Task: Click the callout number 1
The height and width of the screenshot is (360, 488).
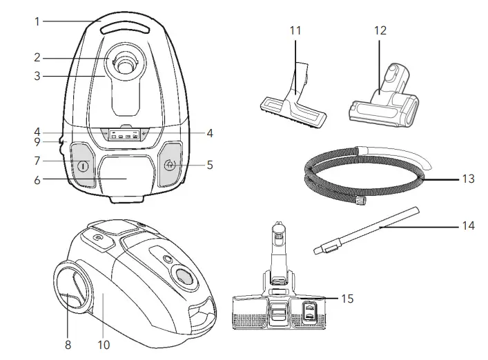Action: [37, 21]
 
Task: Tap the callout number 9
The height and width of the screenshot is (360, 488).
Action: [37, 143]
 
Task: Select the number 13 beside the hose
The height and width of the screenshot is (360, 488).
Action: [468, 178]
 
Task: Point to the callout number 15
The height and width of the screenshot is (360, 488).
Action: [347, 298]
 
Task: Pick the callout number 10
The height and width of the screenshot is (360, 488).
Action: [104, 343]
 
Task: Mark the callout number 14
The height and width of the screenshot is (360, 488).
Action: [467, 226]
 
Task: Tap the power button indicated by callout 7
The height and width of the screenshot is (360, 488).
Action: [83, 166]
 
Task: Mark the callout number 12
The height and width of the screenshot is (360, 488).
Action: [380, 31]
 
